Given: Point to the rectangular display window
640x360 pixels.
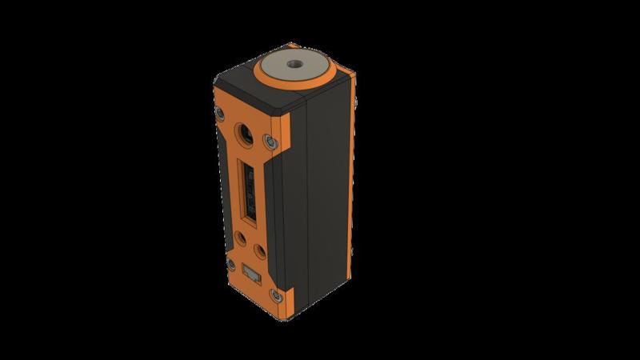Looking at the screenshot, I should (248, 192).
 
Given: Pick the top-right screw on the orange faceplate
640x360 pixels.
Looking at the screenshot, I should (271, 142).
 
